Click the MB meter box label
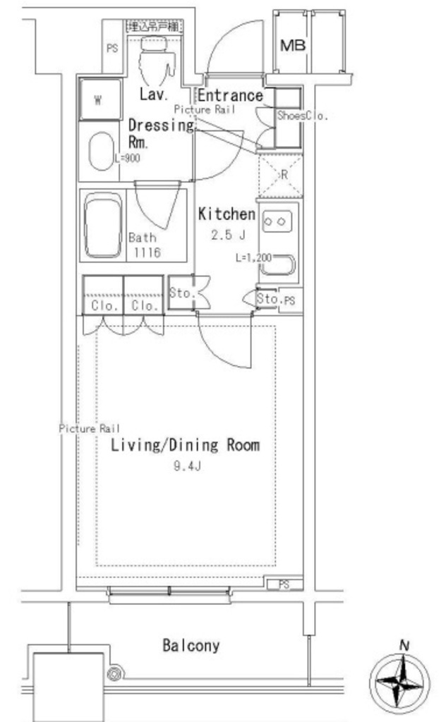tap(293, 46)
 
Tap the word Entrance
tap(229, 95)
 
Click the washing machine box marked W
tap(99, 99)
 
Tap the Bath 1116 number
tap(145, 252)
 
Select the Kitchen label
tap(226, 214)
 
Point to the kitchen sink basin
tap(279, 267)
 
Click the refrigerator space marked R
tap(280, 175)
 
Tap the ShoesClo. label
tap(302, 116)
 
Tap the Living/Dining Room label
tap(185, 445)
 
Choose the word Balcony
tap(191, 645)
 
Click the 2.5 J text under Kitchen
tap(227, 235)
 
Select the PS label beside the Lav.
tap(112, 49)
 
